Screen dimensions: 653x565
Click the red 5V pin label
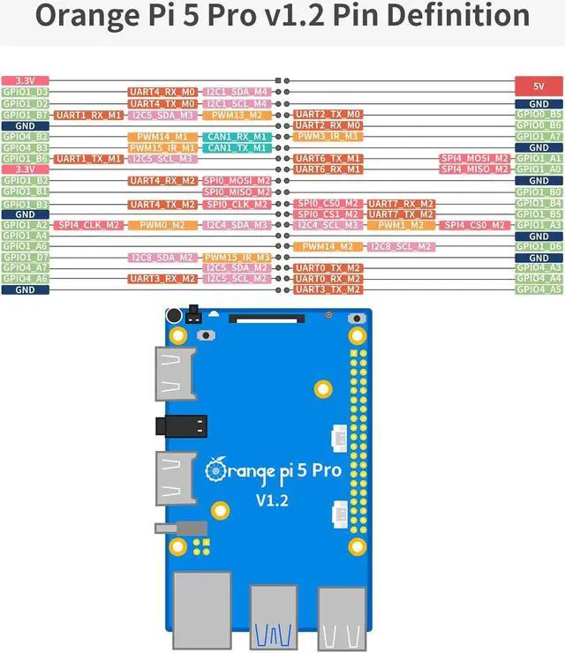coord(539,86)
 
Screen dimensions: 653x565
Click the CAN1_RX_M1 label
coord(237,137)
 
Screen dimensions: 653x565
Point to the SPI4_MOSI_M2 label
coord(475,159)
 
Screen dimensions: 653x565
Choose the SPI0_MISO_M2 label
coord(237,191)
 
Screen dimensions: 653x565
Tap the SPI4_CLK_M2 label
coord(89,225)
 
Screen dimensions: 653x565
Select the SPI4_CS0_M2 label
coord(475,225)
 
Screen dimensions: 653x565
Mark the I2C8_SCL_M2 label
coord(400,246)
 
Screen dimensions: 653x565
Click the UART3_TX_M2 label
coord(328,289)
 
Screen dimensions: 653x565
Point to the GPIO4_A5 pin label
coord(539,289)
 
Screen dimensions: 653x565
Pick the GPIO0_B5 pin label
coord(539,115)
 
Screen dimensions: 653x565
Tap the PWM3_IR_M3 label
coord(328,137)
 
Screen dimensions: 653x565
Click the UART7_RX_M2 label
coord(400,203)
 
